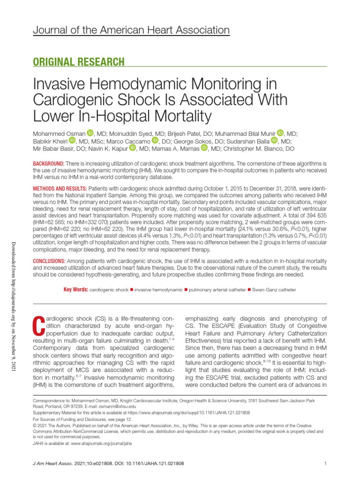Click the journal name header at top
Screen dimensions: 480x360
(131, 30)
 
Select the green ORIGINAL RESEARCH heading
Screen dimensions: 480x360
(78, 62)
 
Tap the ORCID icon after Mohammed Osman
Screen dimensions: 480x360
(90, 133)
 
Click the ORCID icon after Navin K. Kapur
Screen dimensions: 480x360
(132, 148)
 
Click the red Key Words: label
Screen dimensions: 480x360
(75, 290)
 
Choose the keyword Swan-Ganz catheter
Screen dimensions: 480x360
(274, 290)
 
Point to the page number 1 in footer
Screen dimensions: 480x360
(325, 464)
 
